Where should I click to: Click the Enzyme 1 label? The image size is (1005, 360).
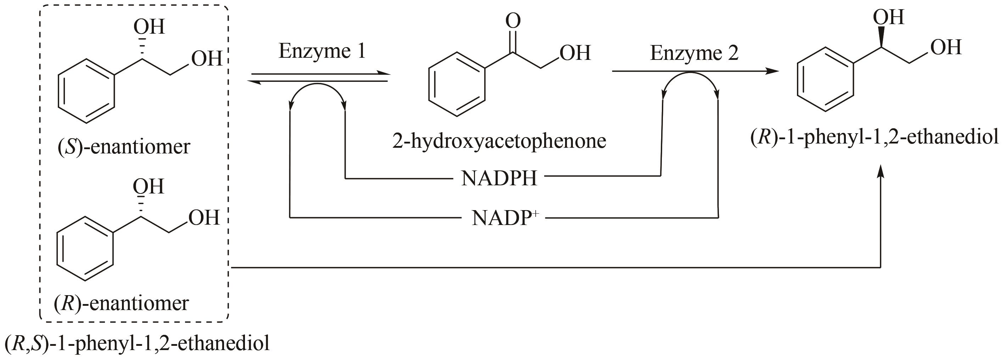pyautogui.click(x=322, y=51)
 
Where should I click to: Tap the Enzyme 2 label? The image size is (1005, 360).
pyautogui.click(x=694, y=53)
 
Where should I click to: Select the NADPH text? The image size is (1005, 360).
pyautogui.click(x=499, y=179)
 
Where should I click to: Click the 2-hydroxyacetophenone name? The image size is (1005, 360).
pyautogui.click(x=499, y=141)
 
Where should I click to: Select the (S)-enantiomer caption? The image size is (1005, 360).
pyautogui.click(x=124, y=147)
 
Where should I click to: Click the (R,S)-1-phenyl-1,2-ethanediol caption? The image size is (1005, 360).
pyautogui.click(x=136, y=343)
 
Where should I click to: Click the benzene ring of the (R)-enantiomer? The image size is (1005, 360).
pyautogui.click(x=85, y=248)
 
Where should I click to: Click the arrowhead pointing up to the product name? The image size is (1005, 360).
pyautogui.click(x=881, y=171)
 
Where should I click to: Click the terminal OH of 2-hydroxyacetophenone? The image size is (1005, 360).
pyautogui.click(x=575, y=53)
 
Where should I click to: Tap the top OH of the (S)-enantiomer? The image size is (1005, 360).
pyautogui.click(x=149, y=27)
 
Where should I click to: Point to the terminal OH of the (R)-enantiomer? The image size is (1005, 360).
pyautogui.click(x=203, y=218)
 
